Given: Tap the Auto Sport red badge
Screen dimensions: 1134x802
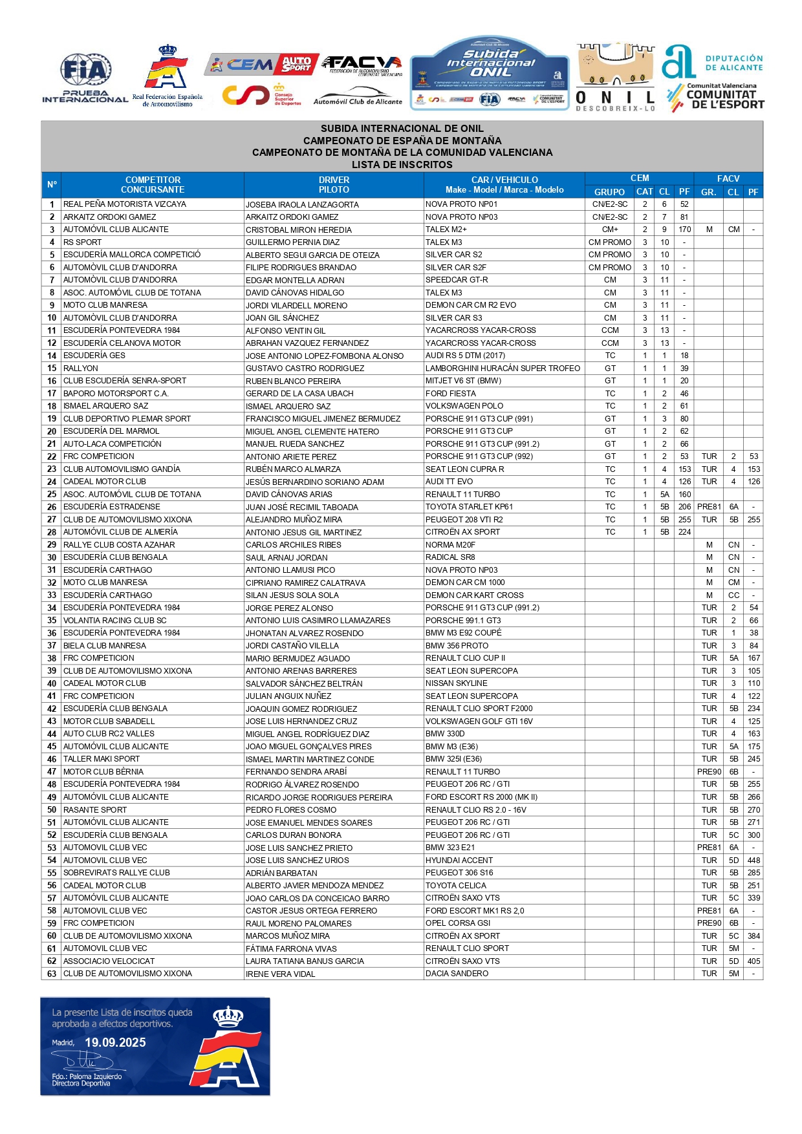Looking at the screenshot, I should (x=297, y=64).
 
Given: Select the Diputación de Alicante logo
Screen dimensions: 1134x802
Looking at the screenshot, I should (x=712, y=63).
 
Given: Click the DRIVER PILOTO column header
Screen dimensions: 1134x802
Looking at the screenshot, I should (x=334, y=185).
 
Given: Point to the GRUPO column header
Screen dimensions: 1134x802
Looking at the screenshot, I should (x=609, y=192).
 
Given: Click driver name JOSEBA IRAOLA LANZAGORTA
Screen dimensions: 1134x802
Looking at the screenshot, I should (x=302, y=204).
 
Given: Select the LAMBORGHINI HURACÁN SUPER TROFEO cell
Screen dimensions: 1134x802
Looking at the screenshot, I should (x=503, y=369).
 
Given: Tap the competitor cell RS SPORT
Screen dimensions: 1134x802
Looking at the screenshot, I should (x=82, y=242).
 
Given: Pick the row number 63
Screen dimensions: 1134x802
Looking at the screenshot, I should (x=52, y=974).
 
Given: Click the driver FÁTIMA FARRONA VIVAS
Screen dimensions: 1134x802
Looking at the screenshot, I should (x=291, y=948).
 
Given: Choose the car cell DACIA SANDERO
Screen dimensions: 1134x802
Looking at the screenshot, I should (x=457, y=974).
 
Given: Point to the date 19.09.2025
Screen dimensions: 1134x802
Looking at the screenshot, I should (x=115, y=1042).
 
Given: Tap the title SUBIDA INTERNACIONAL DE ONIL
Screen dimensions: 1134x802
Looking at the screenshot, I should (x=402, y=129).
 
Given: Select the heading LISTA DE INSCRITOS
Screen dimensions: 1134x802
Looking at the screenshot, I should (x=402, y=165).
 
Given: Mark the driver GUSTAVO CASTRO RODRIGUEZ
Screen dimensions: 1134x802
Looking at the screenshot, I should (x=305, y=369).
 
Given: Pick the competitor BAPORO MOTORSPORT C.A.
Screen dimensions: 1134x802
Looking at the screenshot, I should (x=116, y=394).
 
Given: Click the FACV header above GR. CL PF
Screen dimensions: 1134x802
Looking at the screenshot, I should (x=728, y=178).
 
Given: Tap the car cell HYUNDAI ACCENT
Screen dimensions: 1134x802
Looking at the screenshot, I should (x=459, y=861).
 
